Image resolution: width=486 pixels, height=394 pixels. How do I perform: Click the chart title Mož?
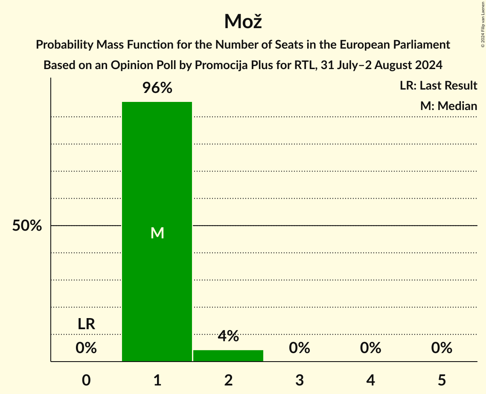coord(243,22)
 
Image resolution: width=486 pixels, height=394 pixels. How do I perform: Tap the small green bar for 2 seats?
coord(228,356)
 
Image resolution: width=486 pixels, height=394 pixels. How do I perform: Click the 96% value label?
coord(157,88)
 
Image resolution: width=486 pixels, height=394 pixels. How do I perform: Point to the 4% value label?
coord(228,336)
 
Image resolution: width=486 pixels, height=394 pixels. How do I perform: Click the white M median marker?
coord(157,233)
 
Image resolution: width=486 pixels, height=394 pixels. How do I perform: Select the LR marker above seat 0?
coord(86,324)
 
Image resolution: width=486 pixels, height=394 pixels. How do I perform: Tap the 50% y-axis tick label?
coord(27,226)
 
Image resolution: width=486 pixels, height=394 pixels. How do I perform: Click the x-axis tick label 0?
coord(86,380)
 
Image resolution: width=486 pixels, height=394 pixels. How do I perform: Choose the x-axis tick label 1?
coord(157,380)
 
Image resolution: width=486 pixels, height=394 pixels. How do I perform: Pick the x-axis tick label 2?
coord(228,380)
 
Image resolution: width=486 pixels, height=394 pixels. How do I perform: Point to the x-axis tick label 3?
coord(300,380)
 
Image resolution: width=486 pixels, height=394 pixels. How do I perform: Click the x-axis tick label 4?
coord(370,380)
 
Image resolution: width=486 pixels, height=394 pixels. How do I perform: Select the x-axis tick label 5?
coord(442,380)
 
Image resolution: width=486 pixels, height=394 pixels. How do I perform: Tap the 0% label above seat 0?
coord(86,348)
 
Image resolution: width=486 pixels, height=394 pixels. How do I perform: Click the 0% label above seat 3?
coord(300,348)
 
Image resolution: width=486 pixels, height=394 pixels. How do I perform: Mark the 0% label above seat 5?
coord(442,348)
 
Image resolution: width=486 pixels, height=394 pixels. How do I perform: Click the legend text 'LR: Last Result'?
coord(438,86)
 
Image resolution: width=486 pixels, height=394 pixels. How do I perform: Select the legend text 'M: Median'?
coord(448,106)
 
